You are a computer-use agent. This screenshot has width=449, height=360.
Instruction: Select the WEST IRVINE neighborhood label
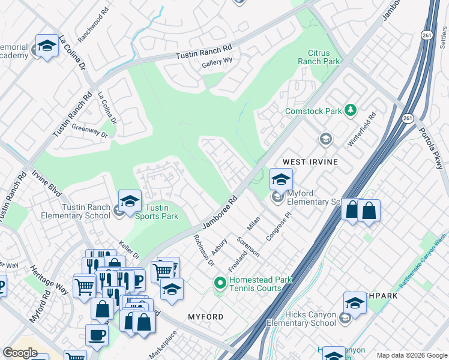point(310,162)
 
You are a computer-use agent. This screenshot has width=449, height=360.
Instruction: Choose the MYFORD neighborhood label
point(205,316)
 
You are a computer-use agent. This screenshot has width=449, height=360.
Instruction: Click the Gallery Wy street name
point(217,63)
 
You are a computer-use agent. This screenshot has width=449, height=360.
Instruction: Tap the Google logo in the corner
point(20,352)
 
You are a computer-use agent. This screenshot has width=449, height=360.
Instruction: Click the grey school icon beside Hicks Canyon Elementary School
point(345,318)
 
